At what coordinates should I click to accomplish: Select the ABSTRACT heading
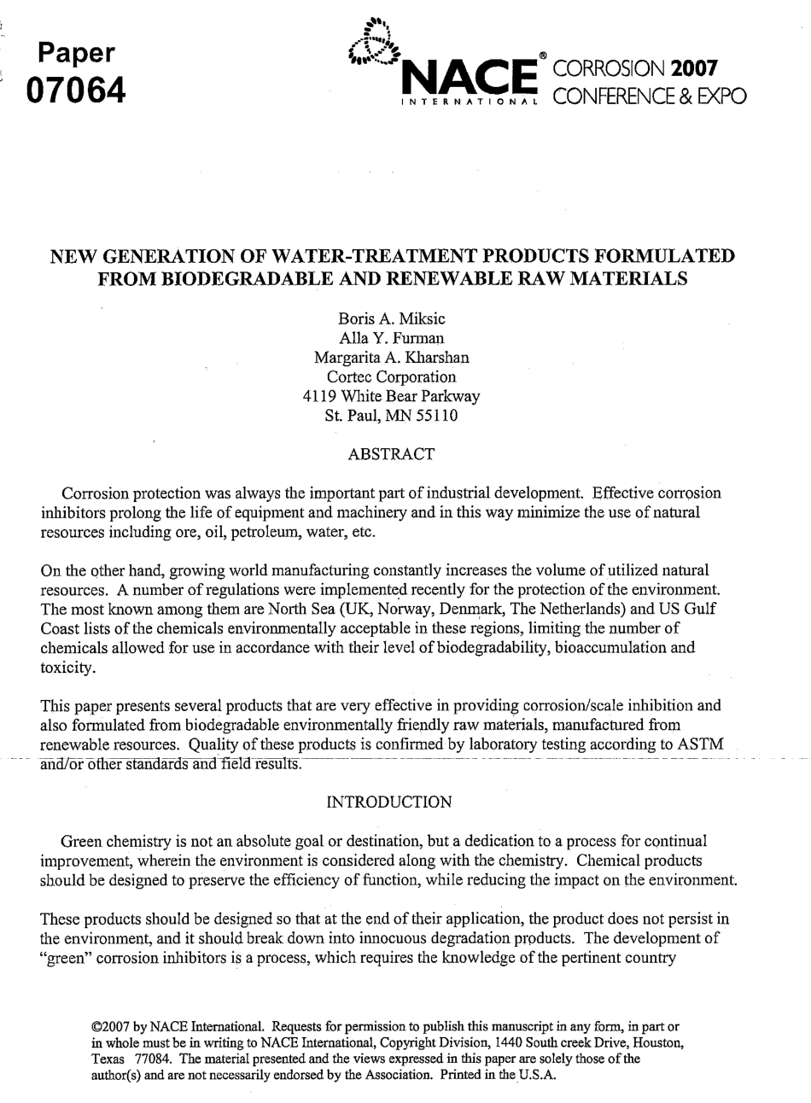pos(391,454)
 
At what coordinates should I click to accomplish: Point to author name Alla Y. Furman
pos(391,338)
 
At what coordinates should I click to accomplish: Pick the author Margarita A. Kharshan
pos(391,357)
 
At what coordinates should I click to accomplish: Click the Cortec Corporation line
pos(391,376)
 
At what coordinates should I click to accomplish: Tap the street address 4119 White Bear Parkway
pos(391,396)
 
